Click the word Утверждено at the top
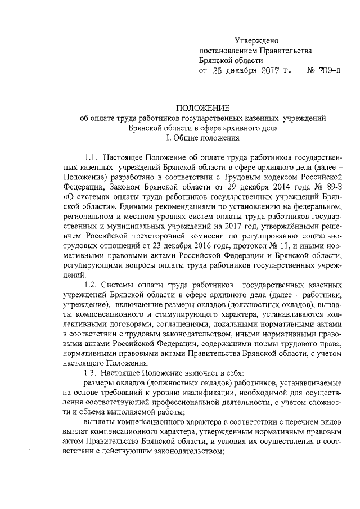click(256, 40)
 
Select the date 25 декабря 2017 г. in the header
click(251, 71)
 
